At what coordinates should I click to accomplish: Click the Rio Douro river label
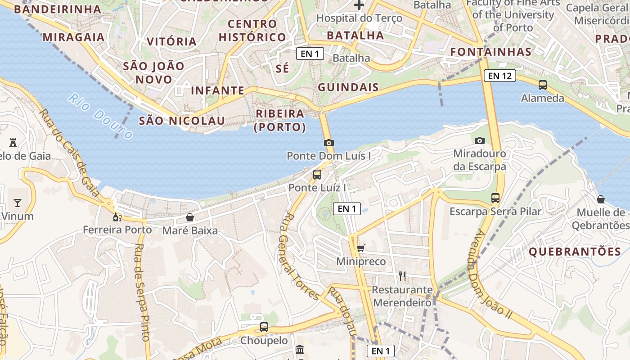(101, 116)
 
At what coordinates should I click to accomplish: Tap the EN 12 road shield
(499, 76)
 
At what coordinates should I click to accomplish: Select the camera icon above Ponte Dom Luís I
(329, 143)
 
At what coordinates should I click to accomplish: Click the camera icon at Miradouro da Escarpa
(480, 140)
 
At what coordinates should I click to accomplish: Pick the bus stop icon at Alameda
(543, 85)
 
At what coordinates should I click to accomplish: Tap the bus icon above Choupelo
(264, 327)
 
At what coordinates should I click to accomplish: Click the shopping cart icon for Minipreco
(360, 248)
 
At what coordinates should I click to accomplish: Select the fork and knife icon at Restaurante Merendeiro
(402, 276)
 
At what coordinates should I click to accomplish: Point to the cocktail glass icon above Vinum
(18, 203)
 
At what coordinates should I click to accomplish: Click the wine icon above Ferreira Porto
(117, 217)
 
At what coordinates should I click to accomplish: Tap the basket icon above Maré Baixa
(190, 217)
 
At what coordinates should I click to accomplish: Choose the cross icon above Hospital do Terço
(359, 5)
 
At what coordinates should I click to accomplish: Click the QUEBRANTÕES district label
(575, 252)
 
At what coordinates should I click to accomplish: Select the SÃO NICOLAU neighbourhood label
(182, 121)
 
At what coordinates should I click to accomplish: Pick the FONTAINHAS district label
(491, 52)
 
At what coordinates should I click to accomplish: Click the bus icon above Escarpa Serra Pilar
(495, 198)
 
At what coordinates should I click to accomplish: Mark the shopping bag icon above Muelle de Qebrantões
(601, 199)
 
